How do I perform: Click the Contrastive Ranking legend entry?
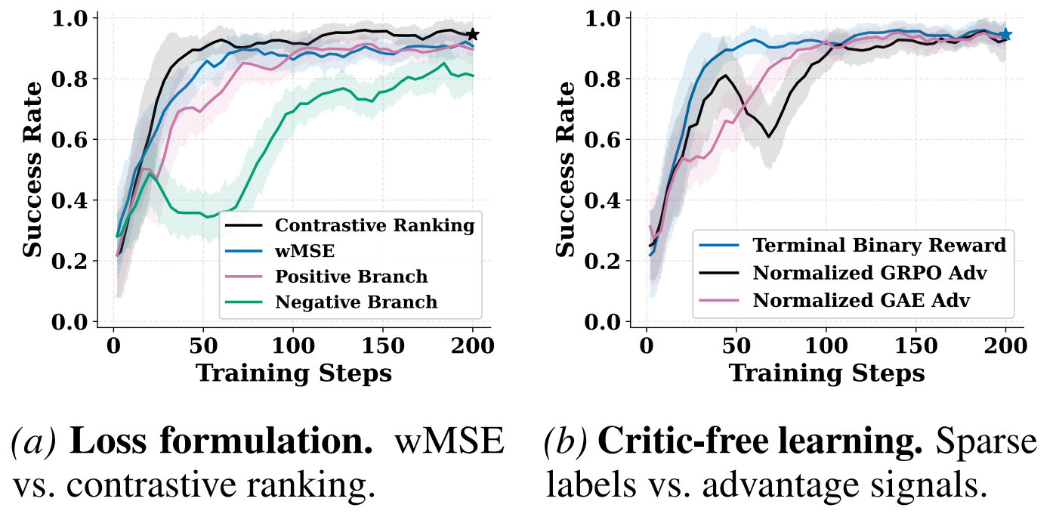[x=375, y=225]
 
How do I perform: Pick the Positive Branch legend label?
[x=351, y=277]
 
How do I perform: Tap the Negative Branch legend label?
[x=356, y=302]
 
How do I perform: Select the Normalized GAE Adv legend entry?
[x=861, y=299]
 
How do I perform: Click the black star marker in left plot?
[x=473, y=35]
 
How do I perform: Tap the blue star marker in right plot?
[x=1005, y=35]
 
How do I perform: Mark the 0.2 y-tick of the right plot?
[x=602, y=262]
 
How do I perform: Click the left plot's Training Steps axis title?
[x=294, y=373]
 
